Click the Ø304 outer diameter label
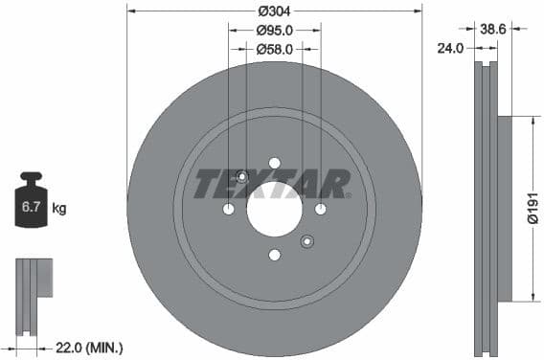tap(275, 12)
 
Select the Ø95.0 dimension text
tap(275, 30)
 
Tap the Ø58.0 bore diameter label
tap(275, 48)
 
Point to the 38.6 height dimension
tap(492, 30)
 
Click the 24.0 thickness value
tap(450, 47)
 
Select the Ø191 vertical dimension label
tap(533, 209)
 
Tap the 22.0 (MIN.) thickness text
tap(89, 348)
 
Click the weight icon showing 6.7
tap(32, 201)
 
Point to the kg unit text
tap(58, 207)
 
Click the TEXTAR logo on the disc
tap(273, 183)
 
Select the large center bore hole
tap(274, 209)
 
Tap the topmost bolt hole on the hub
tap(275, 163)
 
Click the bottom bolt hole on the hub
tap(275, 255)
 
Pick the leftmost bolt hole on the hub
tap(229, 209)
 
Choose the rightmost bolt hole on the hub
tap(321, 209)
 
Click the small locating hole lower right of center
tap(307, 241)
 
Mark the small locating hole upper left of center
tap(241, 176)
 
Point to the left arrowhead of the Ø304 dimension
tap(130, 12)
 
